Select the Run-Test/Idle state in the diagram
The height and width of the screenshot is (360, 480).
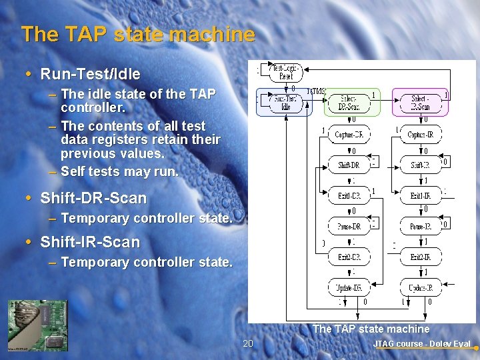point(285,103)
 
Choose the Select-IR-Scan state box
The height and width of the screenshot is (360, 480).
point(420,103)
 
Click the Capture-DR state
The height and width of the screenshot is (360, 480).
point(348,134)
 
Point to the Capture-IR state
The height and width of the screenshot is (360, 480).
point(420,134)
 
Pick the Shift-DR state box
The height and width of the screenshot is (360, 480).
point(348,165)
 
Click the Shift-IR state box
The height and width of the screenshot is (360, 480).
point(420,165)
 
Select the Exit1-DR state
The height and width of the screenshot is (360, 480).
point(348,195)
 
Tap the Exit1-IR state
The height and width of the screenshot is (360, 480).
point(420,195)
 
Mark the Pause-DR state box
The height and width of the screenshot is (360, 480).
point(348,226)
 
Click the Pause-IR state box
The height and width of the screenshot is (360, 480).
point(420,226)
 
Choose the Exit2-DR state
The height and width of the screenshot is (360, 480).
point(348,257)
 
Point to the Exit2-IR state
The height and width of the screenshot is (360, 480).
point(420,257)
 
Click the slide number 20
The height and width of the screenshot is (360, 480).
point(248,343)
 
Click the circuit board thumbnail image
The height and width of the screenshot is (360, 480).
point(37,325)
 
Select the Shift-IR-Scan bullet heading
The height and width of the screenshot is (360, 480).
point(90,242)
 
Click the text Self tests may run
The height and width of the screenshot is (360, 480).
point(119,171)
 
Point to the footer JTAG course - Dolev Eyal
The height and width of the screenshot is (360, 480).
point(421,344)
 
